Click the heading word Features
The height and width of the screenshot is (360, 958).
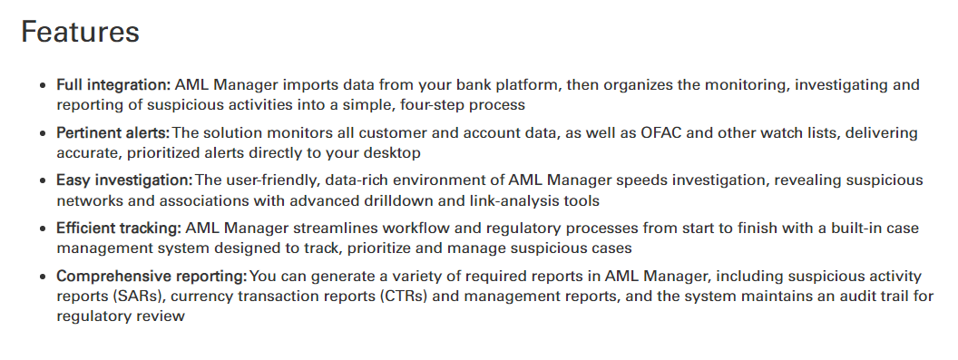(x=80, y=31)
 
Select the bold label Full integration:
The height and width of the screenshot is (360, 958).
(x=113, y=85)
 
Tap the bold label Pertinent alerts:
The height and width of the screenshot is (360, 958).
(x=113, y=132)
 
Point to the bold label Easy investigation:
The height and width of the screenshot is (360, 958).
(x=125, y=180)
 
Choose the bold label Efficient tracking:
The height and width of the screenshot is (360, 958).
(x=119, y=228)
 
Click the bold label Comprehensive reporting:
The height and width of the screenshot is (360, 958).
(x=152, y=277)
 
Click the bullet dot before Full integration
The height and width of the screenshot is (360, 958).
(x=42, y=86)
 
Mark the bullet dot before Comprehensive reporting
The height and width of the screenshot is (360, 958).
(x=42, y=277)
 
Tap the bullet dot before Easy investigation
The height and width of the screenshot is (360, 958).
(x=42, y=181)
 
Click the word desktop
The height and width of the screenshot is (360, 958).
(x=392, y=153)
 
